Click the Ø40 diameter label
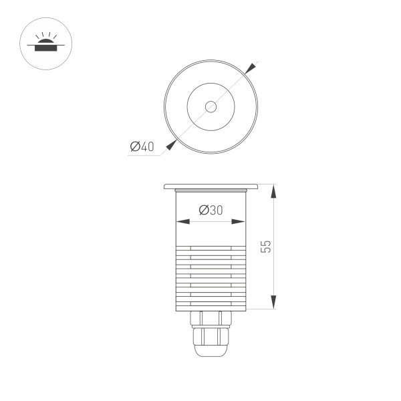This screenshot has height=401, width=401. [142, 147]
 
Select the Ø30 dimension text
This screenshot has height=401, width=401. [211, 210]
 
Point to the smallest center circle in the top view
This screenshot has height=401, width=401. [211, 106]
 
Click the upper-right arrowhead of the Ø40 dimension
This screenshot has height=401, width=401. [250, 68]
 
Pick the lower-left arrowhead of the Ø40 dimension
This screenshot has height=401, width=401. [172, 144]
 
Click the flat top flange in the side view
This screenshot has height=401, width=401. [211, 186]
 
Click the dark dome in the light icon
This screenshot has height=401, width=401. [45, 42]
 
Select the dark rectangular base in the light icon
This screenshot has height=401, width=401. [45, 48]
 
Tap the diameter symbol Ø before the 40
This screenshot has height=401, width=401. [134, 147]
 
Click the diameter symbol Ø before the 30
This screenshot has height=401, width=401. [203, 210]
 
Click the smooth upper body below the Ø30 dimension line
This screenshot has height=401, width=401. [211, 234]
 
